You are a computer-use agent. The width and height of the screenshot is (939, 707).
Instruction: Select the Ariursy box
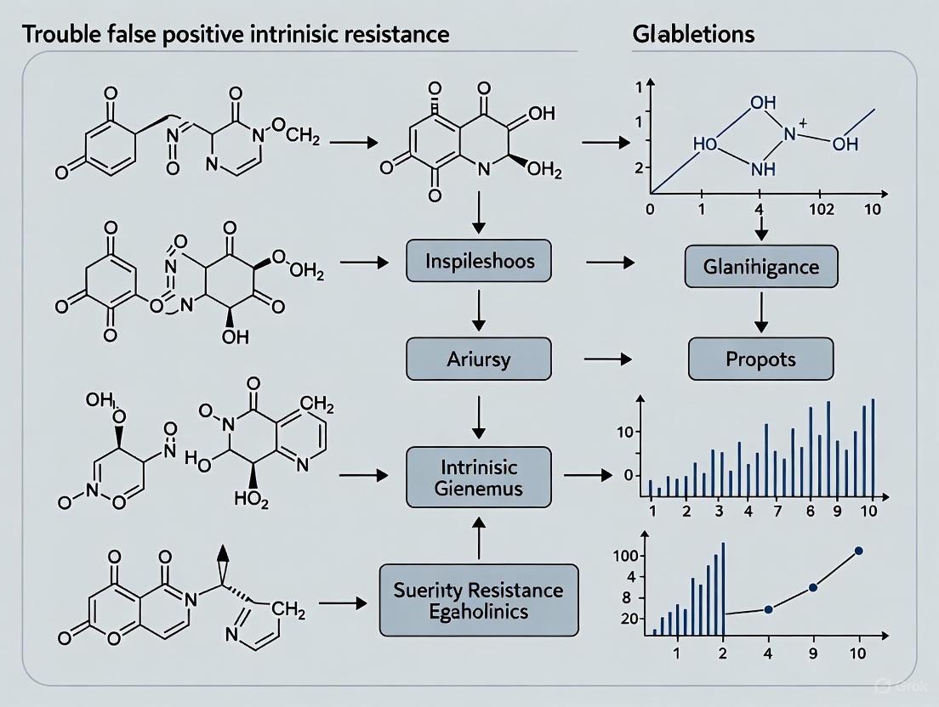tap(478, 359)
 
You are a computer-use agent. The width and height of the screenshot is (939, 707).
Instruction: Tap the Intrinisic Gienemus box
tap(478, 478)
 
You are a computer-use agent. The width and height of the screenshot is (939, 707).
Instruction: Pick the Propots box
tap(760, 359)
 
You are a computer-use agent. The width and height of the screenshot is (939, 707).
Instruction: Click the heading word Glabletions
tap(694, 35)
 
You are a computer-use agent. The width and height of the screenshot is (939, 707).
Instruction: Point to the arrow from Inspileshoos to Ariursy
tap(478, 310)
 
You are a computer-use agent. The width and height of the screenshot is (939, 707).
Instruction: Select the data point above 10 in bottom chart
tap(857, 551)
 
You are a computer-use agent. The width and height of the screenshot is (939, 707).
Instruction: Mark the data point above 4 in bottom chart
tap(769, 609)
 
